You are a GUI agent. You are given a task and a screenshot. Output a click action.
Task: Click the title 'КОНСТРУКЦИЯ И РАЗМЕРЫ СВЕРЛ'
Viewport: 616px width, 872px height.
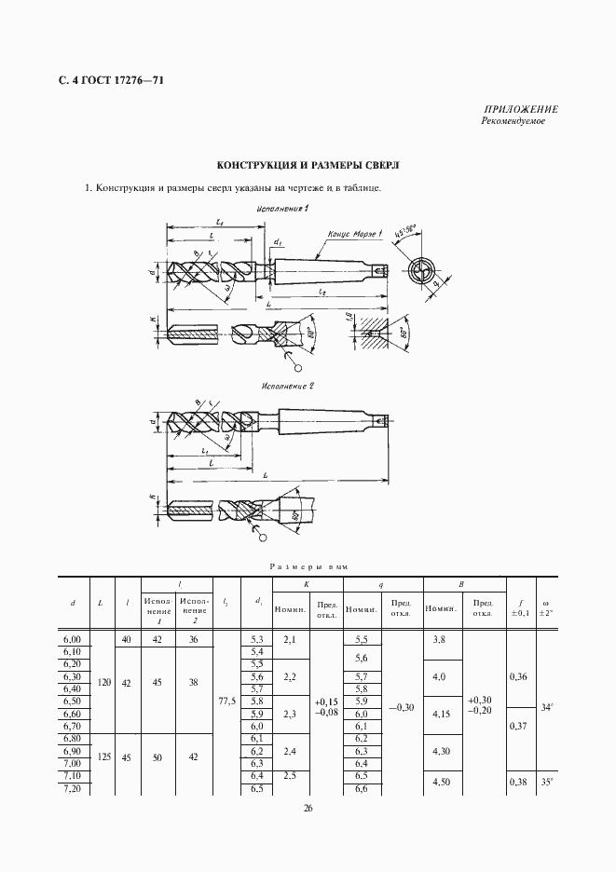pyautogui.click(x=308, y=165)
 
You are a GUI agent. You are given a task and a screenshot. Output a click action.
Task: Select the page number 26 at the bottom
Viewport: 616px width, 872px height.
pyautogui.click(x=308, y=808)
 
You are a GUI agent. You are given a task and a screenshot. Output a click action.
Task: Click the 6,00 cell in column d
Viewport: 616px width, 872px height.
pyautogui.click(x=72, y=638)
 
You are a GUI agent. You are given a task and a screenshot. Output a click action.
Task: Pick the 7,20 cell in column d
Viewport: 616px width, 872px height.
pyautogui.click(x=72, y=789)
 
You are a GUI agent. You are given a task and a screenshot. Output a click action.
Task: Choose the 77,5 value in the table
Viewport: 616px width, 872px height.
pyautogui.click(x=226, y=699)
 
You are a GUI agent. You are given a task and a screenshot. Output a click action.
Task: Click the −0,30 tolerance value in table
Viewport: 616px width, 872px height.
pyautogui.click(x=403, y=708)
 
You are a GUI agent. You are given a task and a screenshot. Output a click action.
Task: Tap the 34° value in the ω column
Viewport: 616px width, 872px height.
pyautogui.click(x=547, y=708)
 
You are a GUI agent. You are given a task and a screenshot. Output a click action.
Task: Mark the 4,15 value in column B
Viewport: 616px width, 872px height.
pyautogui.click(x=444, y=714)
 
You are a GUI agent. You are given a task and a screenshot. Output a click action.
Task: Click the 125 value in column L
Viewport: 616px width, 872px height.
pyautogui.click(x=103, y=757)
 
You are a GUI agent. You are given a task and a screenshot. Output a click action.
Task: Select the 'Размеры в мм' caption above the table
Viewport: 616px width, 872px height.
pyautogui.click(x=308, y=565)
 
